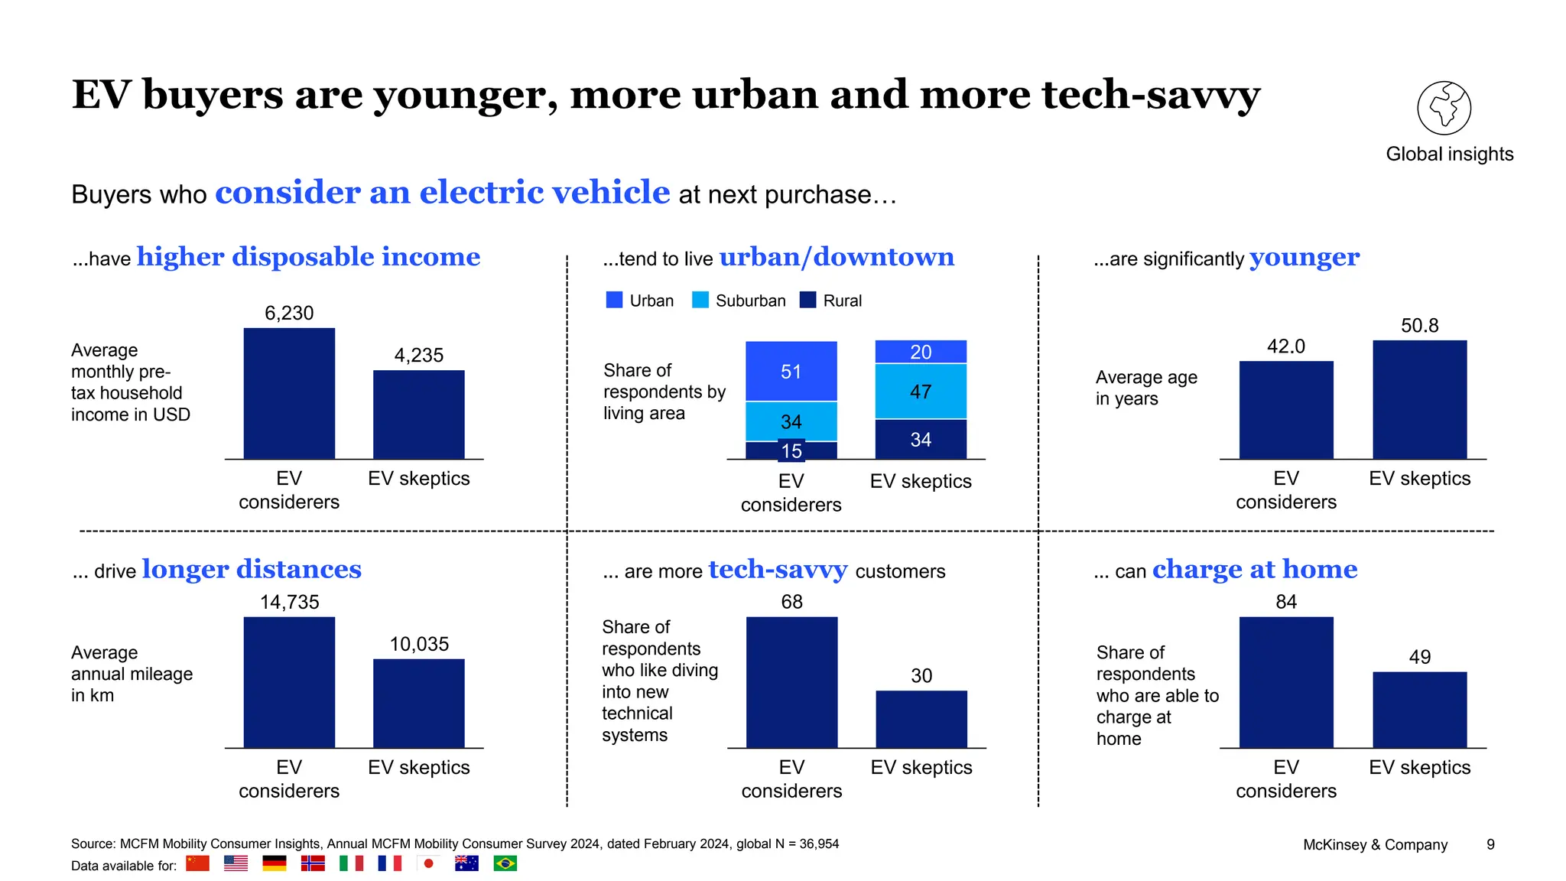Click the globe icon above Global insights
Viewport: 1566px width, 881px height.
click(x=1444, y=108)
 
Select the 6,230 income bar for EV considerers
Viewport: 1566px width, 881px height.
click(x=289, y=393)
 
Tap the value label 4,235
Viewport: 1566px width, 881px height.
click(x=418, y=355)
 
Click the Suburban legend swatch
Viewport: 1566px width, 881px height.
click(x=700, y=300)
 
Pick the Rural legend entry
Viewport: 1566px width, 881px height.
click(x=830, y=301)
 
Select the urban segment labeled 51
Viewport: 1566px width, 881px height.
click(x=791, y=372)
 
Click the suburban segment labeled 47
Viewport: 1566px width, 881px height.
click(x=921, y=392)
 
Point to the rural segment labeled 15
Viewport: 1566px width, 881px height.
click(x=791, y=450)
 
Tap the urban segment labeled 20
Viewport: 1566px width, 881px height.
click(x=921, y=352)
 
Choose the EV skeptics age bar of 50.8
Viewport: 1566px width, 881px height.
click(x=1419, y=399)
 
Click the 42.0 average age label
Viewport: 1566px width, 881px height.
click(x=1285, y=346)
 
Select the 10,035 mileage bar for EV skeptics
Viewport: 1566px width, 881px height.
click(x=418, y=703)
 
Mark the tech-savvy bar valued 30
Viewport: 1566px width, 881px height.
click(x=921, y=719)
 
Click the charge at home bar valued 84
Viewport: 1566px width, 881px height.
click(x=1285, y=682)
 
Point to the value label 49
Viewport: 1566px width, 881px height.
click(x=1419, y=657)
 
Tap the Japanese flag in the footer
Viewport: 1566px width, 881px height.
click(x=428, y=863)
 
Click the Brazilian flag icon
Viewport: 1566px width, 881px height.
click(x=505, y=863)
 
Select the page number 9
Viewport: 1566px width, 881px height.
click(x=1490, y=844)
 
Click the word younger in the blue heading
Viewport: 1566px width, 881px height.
click(x=1304, y=258)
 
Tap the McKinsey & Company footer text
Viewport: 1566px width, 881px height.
click(x=1375, y=844)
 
